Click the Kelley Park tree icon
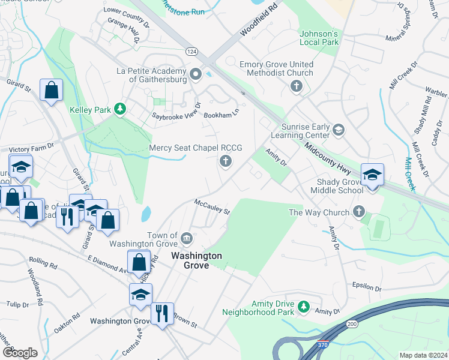(x=121, y=109)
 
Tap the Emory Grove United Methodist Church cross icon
(x=295, y=87)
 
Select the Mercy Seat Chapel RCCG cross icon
(x=226, y=160)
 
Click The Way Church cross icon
(x=358, y=211)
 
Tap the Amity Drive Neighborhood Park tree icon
(x=304, y=307)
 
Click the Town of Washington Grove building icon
(x=187, y=240)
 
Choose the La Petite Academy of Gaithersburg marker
(x=195, y=75)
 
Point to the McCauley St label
(x=212, y=207)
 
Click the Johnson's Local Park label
(x=319, y=38)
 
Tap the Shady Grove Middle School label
(x=336, y=186)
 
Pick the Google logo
(x=20, y=353)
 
